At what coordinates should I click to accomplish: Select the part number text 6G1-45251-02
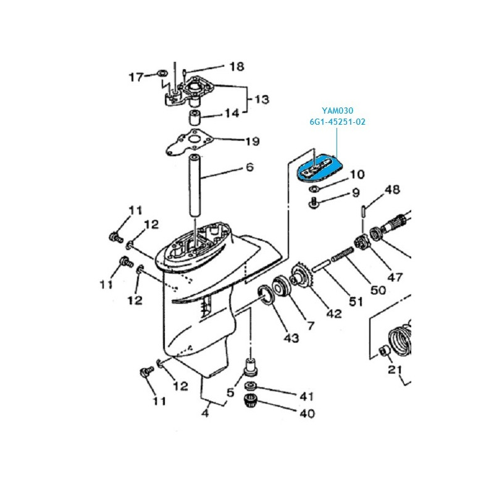tap(337, 122)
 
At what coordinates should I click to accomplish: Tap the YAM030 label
tap(337, 111)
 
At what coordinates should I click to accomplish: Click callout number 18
tap(237, 67)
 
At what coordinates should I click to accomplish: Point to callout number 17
tap(136, 77)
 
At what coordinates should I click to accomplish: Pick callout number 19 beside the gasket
tap(253, 141)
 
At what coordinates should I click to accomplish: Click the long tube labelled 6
tap(195, 185)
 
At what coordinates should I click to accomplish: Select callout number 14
tap(232, 113)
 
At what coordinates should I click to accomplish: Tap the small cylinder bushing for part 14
tap(195, 118)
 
